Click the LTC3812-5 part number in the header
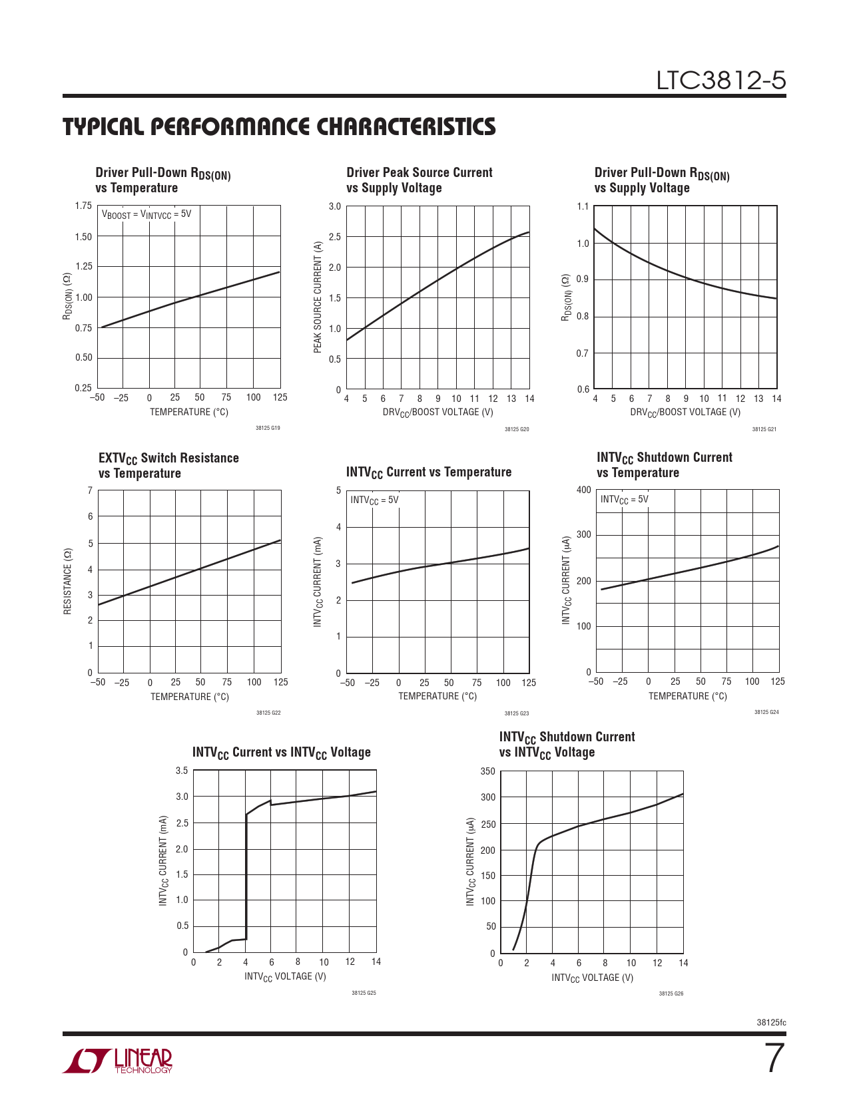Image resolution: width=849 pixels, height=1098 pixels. (x=720, y=81)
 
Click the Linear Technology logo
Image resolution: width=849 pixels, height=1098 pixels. (x=118, y=1061)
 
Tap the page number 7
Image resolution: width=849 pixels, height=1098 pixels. (x=774, y=1059)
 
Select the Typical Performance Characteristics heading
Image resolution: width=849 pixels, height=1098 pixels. (x=279, y=126)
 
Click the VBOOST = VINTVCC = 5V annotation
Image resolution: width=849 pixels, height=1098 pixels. (x=146, y=214)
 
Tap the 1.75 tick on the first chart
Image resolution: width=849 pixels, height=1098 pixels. (x=83, y=206)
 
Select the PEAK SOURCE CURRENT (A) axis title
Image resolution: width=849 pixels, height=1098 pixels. (x=318, y=297)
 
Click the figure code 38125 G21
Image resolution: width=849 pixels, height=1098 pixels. (x=764, y=429)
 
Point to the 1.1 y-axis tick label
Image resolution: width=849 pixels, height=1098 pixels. (x=583, y=206)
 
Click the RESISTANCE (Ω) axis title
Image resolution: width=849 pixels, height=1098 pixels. (x=67, y=582)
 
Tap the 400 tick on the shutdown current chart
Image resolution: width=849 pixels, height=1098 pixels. (x=583, y=490)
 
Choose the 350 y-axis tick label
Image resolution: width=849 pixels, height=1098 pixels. (x=487, y=771)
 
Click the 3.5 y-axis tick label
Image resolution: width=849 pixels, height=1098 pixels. (x=182, y=771)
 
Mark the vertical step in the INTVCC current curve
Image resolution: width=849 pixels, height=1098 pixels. (x=246, y=878)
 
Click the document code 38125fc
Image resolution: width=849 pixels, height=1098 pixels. (x=771, y=1022)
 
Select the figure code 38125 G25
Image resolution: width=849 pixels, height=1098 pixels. (x=364, y=993)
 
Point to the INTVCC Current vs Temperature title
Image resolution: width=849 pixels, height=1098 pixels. (x=428, y=472)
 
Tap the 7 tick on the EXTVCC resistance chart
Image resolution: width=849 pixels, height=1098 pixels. (x=90, y=490)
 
